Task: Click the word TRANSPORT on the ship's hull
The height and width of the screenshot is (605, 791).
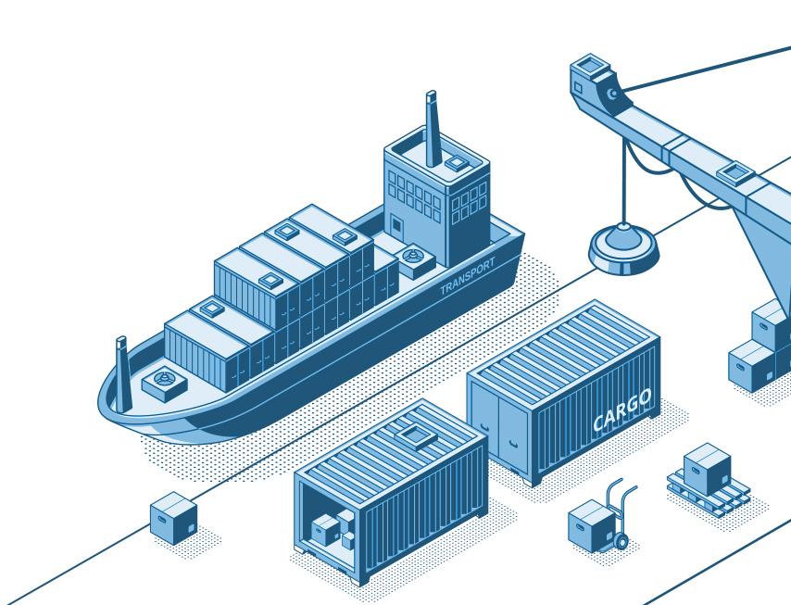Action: [468, 276]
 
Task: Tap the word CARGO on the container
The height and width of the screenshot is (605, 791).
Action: [622, 410]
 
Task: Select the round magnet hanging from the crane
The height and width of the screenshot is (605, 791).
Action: [623, 249]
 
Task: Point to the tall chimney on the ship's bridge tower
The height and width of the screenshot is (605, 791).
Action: [433, 129]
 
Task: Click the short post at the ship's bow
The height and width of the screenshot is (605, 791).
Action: [122, 373]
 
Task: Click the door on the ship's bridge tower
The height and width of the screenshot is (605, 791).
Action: [397, 225]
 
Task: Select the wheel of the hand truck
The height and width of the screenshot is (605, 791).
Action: [621, 541]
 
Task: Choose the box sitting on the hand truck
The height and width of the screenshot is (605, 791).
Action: [591, 525]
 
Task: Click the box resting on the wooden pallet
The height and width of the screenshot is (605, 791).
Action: [707, 469]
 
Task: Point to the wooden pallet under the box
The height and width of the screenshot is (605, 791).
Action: [709, 492]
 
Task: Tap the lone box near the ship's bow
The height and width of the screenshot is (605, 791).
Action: [173, 518]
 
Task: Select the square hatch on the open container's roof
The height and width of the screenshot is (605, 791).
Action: [416, 436]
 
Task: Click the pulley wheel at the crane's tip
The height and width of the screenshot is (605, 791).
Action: [612, 94]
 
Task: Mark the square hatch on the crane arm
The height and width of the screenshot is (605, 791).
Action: [735, 173]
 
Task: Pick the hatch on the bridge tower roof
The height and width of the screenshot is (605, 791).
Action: [456, 163]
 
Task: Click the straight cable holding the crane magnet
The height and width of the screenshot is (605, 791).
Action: [624, 181]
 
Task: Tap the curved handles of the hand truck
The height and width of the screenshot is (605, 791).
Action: [621, 497]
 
